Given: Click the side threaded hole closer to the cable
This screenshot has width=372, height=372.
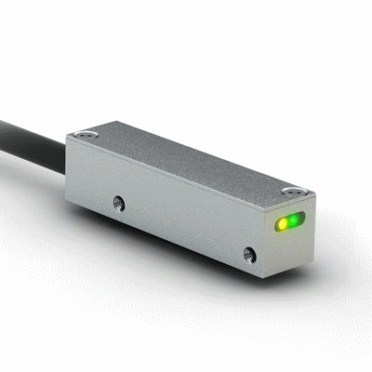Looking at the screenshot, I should click(x=118, y=200).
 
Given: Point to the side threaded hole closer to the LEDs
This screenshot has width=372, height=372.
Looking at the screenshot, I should click(x=248, y=252).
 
